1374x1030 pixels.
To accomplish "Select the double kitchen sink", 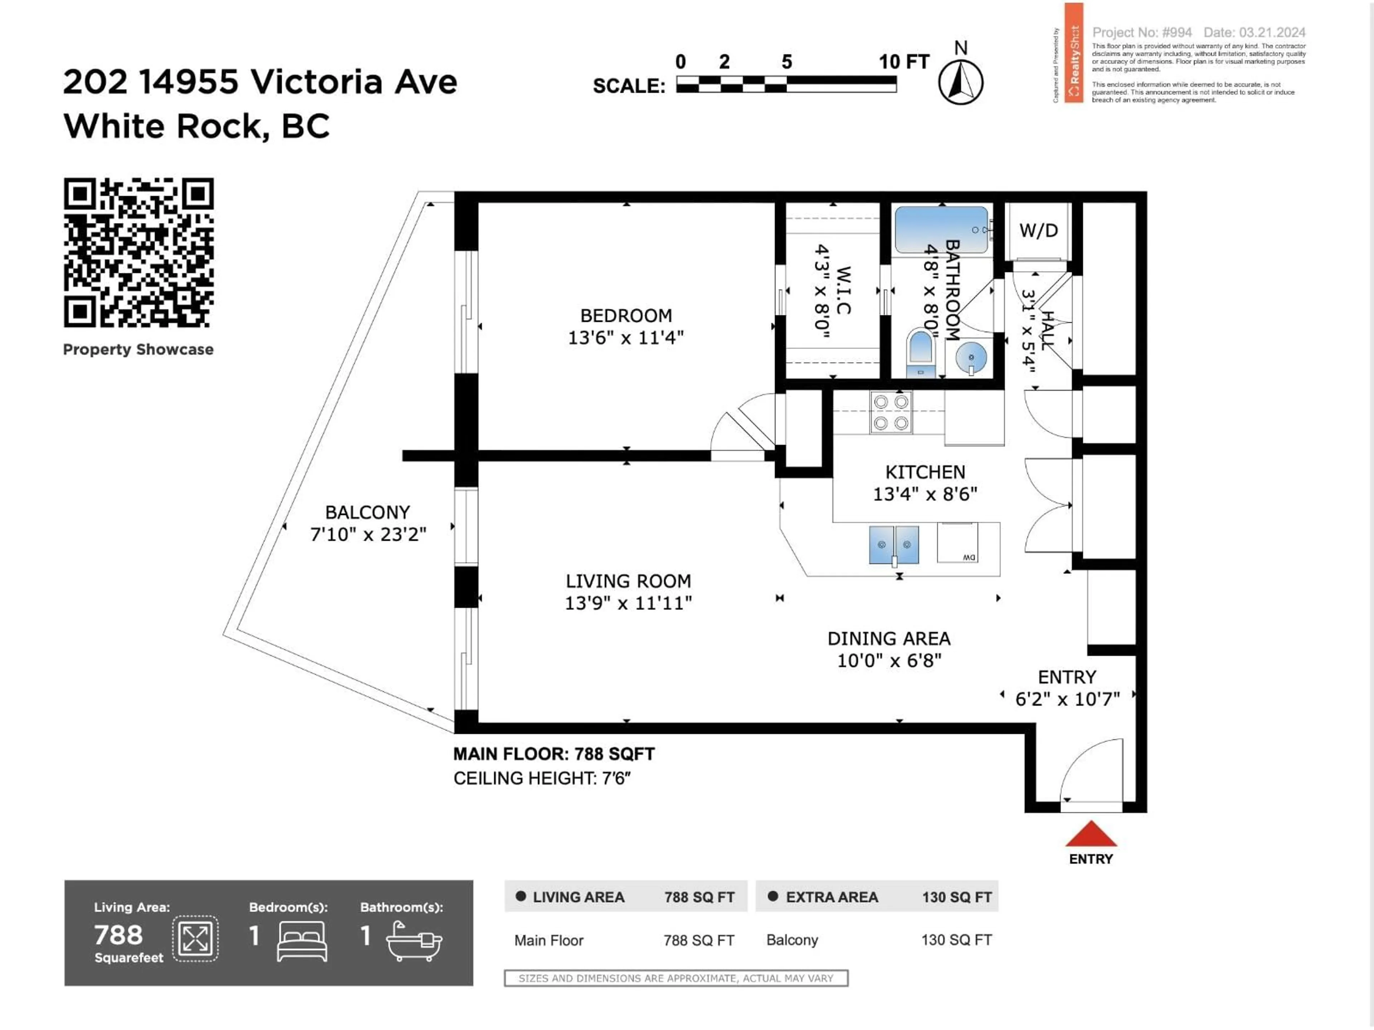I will click(x=894, y=544).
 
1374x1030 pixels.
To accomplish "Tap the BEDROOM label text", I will click(x=626, y=315).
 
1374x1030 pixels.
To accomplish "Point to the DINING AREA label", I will click(x=889, y=638).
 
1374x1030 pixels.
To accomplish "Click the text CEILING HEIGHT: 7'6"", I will click(x=542, y=778).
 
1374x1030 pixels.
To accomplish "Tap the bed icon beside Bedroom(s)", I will click(x=302, y=941).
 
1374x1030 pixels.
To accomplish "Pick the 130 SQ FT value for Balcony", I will click(x=956, y=940).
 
